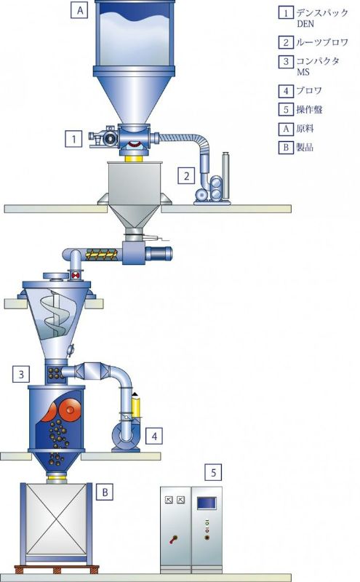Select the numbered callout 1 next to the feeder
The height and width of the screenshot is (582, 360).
73,139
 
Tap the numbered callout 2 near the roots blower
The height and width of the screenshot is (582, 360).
186,175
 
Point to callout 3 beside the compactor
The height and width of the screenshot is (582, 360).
21,374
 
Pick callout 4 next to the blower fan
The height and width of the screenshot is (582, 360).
154,436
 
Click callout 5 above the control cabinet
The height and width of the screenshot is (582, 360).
213,472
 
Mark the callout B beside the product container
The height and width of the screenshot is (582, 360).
105,493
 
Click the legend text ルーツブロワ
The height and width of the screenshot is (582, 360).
322,42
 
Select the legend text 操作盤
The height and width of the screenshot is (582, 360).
309,110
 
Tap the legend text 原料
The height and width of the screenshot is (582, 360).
305,129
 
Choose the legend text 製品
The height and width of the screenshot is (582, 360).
305,148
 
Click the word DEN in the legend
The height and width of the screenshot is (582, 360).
305,24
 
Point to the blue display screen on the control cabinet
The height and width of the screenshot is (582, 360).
207,503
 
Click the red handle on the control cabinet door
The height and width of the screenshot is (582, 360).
173,539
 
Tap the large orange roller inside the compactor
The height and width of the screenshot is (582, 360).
70,409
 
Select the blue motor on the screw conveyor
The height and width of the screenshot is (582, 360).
159,253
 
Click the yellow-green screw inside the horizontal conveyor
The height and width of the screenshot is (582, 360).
102,254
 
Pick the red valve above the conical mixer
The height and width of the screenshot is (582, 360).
76,276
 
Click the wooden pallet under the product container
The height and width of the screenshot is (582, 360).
57,569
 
